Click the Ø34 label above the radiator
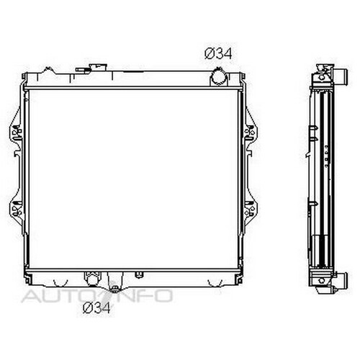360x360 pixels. click(x=218, y=54)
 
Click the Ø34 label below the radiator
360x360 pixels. click(x=96, y=307)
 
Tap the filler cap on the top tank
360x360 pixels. click(x=98, y=67)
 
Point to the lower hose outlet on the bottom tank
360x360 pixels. click(x=92, y=279)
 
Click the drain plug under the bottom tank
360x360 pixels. click(x=114, y=289)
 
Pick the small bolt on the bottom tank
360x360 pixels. click(x=138, y=275)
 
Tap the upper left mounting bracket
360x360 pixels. click(x=16, y=132)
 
